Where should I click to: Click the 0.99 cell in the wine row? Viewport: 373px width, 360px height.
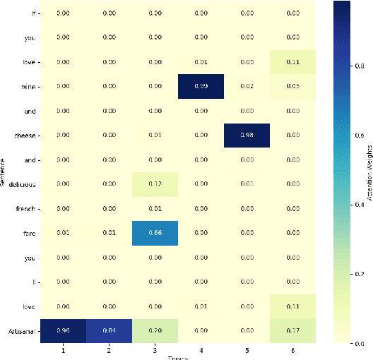point(201,86)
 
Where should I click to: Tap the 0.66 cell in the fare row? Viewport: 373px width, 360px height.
point(155,234)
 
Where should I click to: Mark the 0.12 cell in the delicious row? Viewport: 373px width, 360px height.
point(155,184)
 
